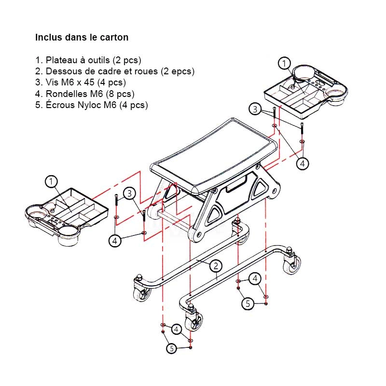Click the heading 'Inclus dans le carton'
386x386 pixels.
[x=82, y=37]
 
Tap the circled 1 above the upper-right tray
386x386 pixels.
[x=285, y=63]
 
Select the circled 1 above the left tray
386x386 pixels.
[x=51, y=182]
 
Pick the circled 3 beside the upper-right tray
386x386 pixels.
[x=255, y=109]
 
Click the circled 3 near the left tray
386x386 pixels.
[x=128, y=193]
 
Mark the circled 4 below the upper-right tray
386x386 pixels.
[x=303, y=164]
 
